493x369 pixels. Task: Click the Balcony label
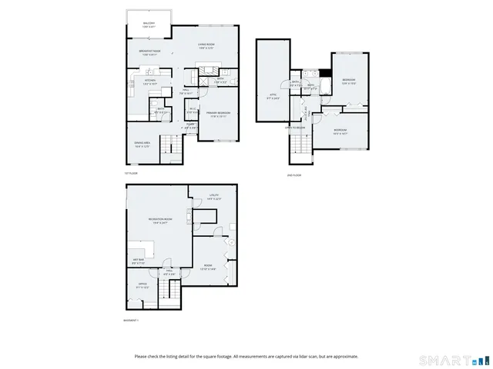pos(149,25)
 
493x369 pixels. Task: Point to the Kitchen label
pos(151,81)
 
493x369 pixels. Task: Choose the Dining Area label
pos(142,144)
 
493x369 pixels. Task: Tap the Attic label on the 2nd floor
pos(272,97)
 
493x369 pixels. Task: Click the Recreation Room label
pos(160,221)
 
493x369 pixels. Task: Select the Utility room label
pos(214,196)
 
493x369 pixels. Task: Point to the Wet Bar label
pos(138,261)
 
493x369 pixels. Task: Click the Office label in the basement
pos(143,286)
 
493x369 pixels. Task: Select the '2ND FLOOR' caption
pos(294,175)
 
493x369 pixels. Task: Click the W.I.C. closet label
pos(193,109)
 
